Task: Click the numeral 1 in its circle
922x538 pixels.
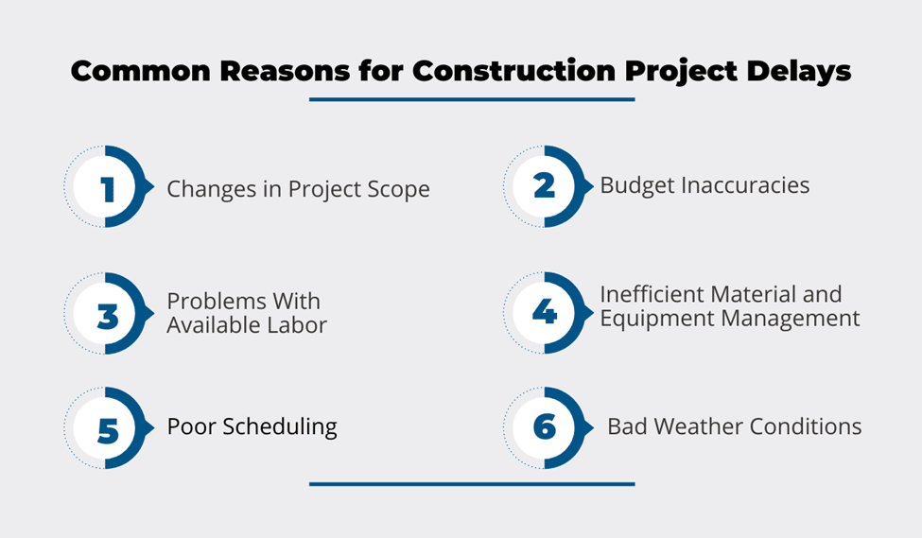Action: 108,189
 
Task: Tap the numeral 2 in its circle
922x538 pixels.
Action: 545,186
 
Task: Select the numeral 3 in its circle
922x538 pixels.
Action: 108,316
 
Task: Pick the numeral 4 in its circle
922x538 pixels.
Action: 545,312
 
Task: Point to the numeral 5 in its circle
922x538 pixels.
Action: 108,430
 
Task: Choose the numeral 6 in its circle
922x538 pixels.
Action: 545,426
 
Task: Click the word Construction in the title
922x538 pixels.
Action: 513,71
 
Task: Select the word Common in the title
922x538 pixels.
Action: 141,71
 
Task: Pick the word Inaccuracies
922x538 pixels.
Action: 745,185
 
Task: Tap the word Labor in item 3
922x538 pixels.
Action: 297,324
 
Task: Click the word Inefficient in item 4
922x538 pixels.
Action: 653,294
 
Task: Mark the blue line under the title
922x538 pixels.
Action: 472,99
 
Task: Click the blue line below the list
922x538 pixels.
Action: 472,484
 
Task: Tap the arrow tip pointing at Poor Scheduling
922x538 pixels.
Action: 153,427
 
